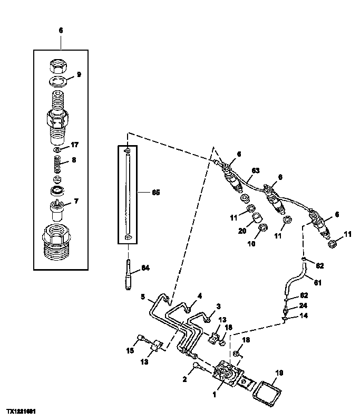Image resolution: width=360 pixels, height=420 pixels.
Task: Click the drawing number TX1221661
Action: point(22,410)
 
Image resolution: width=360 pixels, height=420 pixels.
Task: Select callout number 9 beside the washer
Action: point(79,74)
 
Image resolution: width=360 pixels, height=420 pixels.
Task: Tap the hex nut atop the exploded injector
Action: point(59,66)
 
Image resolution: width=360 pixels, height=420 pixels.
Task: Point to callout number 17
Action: point(75,144)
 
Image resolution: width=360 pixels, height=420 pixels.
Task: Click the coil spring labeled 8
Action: point(59,160)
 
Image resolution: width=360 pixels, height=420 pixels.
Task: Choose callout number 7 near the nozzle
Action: point(76,201)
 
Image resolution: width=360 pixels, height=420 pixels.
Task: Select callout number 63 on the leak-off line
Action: point(256,170)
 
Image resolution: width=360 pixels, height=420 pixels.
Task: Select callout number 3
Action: point(218,306)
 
